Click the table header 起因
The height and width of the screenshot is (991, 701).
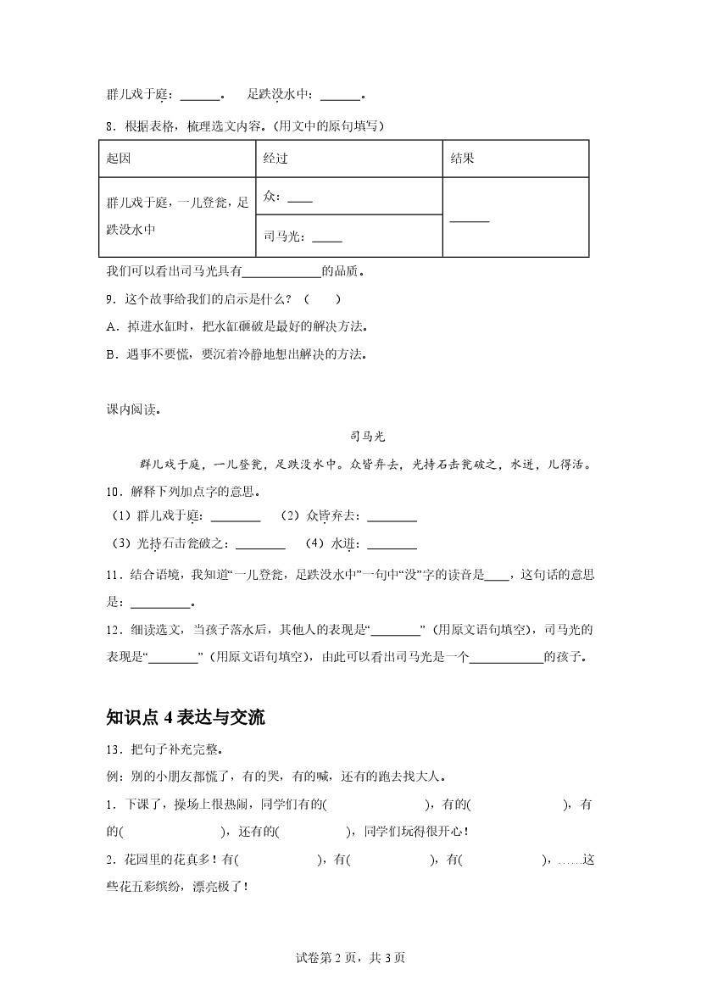coord(119,159)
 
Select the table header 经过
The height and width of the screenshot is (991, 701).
coord(275,159)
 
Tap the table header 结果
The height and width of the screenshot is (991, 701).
coord(462,159)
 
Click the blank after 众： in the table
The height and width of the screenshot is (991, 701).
coord(300,200)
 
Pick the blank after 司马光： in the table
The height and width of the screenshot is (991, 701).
coord(327,239)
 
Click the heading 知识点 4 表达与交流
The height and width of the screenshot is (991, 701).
coord(186,717)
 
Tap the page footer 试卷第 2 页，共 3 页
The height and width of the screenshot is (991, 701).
coord(350,958)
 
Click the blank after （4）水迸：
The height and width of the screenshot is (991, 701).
coord(392,545)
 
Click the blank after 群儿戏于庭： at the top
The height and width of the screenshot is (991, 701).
coord(200,96)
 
